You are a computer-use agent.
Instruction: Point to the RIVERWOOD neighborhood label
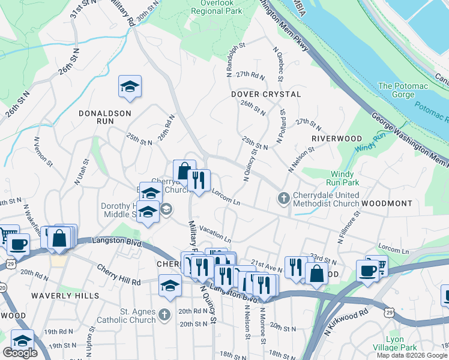[x=336, y=139]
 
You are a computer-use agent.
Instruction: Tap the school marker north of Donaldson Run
[x=130, y=87]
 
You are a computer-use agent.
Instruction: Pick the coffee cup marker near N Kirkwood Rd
[x=367, y=270]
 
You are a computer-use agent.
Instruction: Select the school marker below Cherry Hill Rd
[x=170, y=285]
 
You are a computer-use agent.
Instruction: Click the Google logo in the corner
[x=20, y=353]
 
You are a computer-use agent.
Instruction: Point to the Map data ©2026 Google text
[x=412, y=355]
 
